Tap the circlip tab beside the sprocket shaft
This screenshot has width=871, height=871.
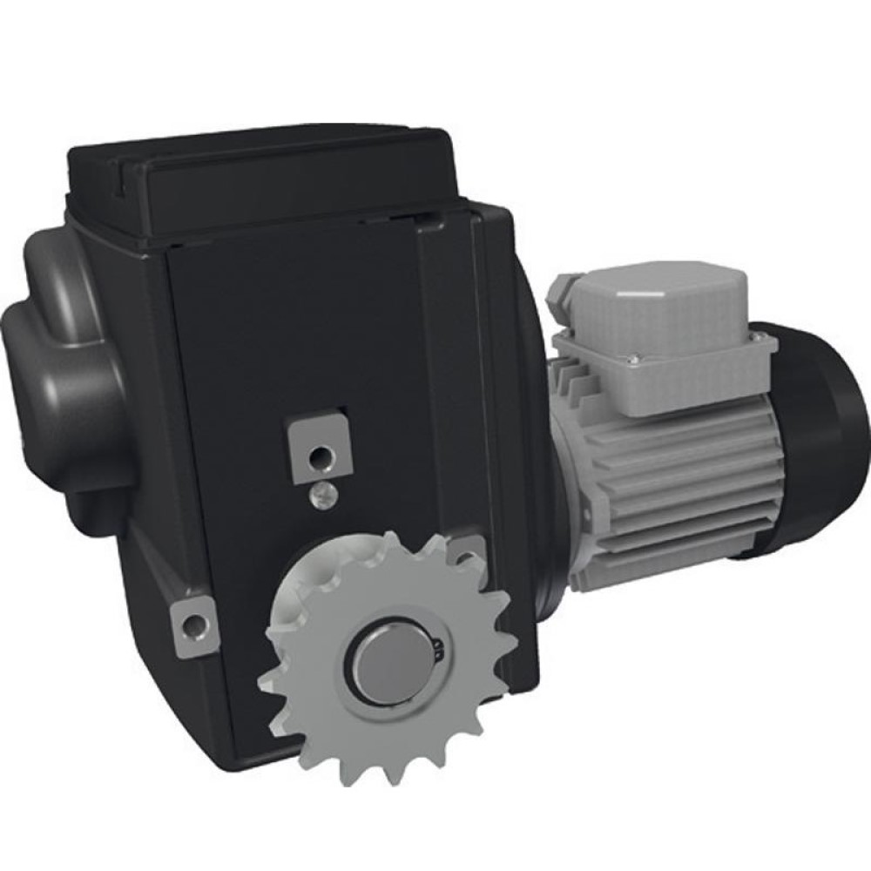(438, 646)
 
